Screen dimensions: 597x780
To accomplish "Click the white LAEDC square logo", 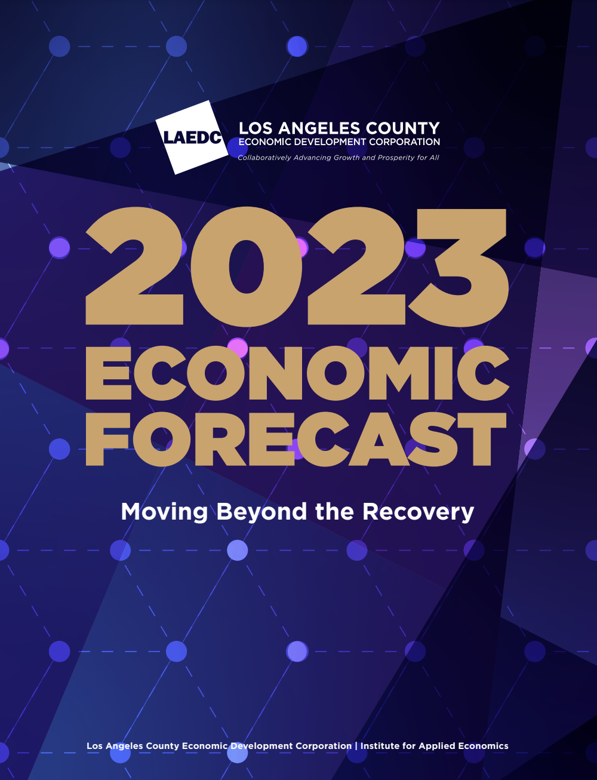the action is pos(192,137).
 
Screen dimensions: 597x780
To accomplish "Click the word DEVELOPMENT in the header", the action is pos(329,142).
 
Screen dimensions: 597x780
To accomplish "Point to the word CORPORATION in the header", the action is pos(404,142).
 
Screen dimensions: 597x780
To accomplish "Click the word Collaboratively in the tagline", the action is pos(264,158).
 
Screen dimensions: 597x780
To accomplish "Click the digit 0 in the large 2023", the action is pos(246,267).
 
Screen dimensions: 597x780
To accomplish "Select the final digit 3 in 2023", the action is pos(458,268).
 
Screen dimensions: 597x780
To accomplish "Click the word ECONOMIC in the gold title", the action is pos(297,373).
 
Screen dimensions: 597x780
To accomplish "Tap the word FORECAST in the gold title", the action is pos(296,439).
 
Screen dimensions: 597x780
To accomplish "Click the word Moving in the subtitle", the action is pos(164,512).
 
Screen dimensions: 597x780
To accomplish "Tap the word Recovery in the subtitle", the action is pos(418,512).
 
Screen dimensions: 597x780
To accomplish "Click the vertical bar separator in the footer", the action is pos(356,746).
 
